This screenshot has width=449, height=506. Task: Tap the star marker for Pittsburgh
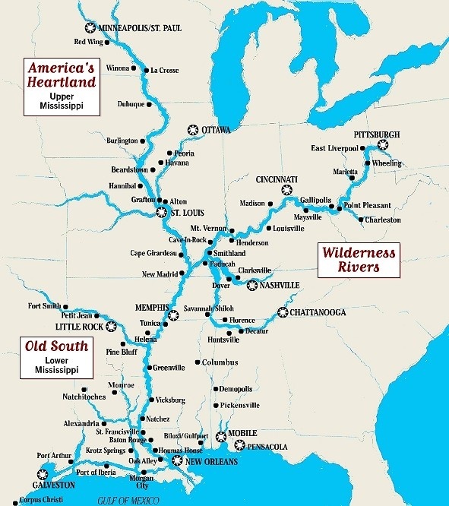pos(382,144)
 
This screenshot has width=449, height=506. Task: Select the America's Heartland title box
pos(62,85)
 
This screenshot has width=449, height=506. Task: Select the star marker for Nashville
pos(252,285)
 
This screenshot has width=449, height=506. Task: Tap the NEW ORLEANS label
pos(211,461)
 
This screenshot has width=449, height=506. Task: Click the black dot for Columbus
pos(198,362)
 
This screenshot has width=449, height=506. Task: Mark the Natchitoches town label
pos(84,397)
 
